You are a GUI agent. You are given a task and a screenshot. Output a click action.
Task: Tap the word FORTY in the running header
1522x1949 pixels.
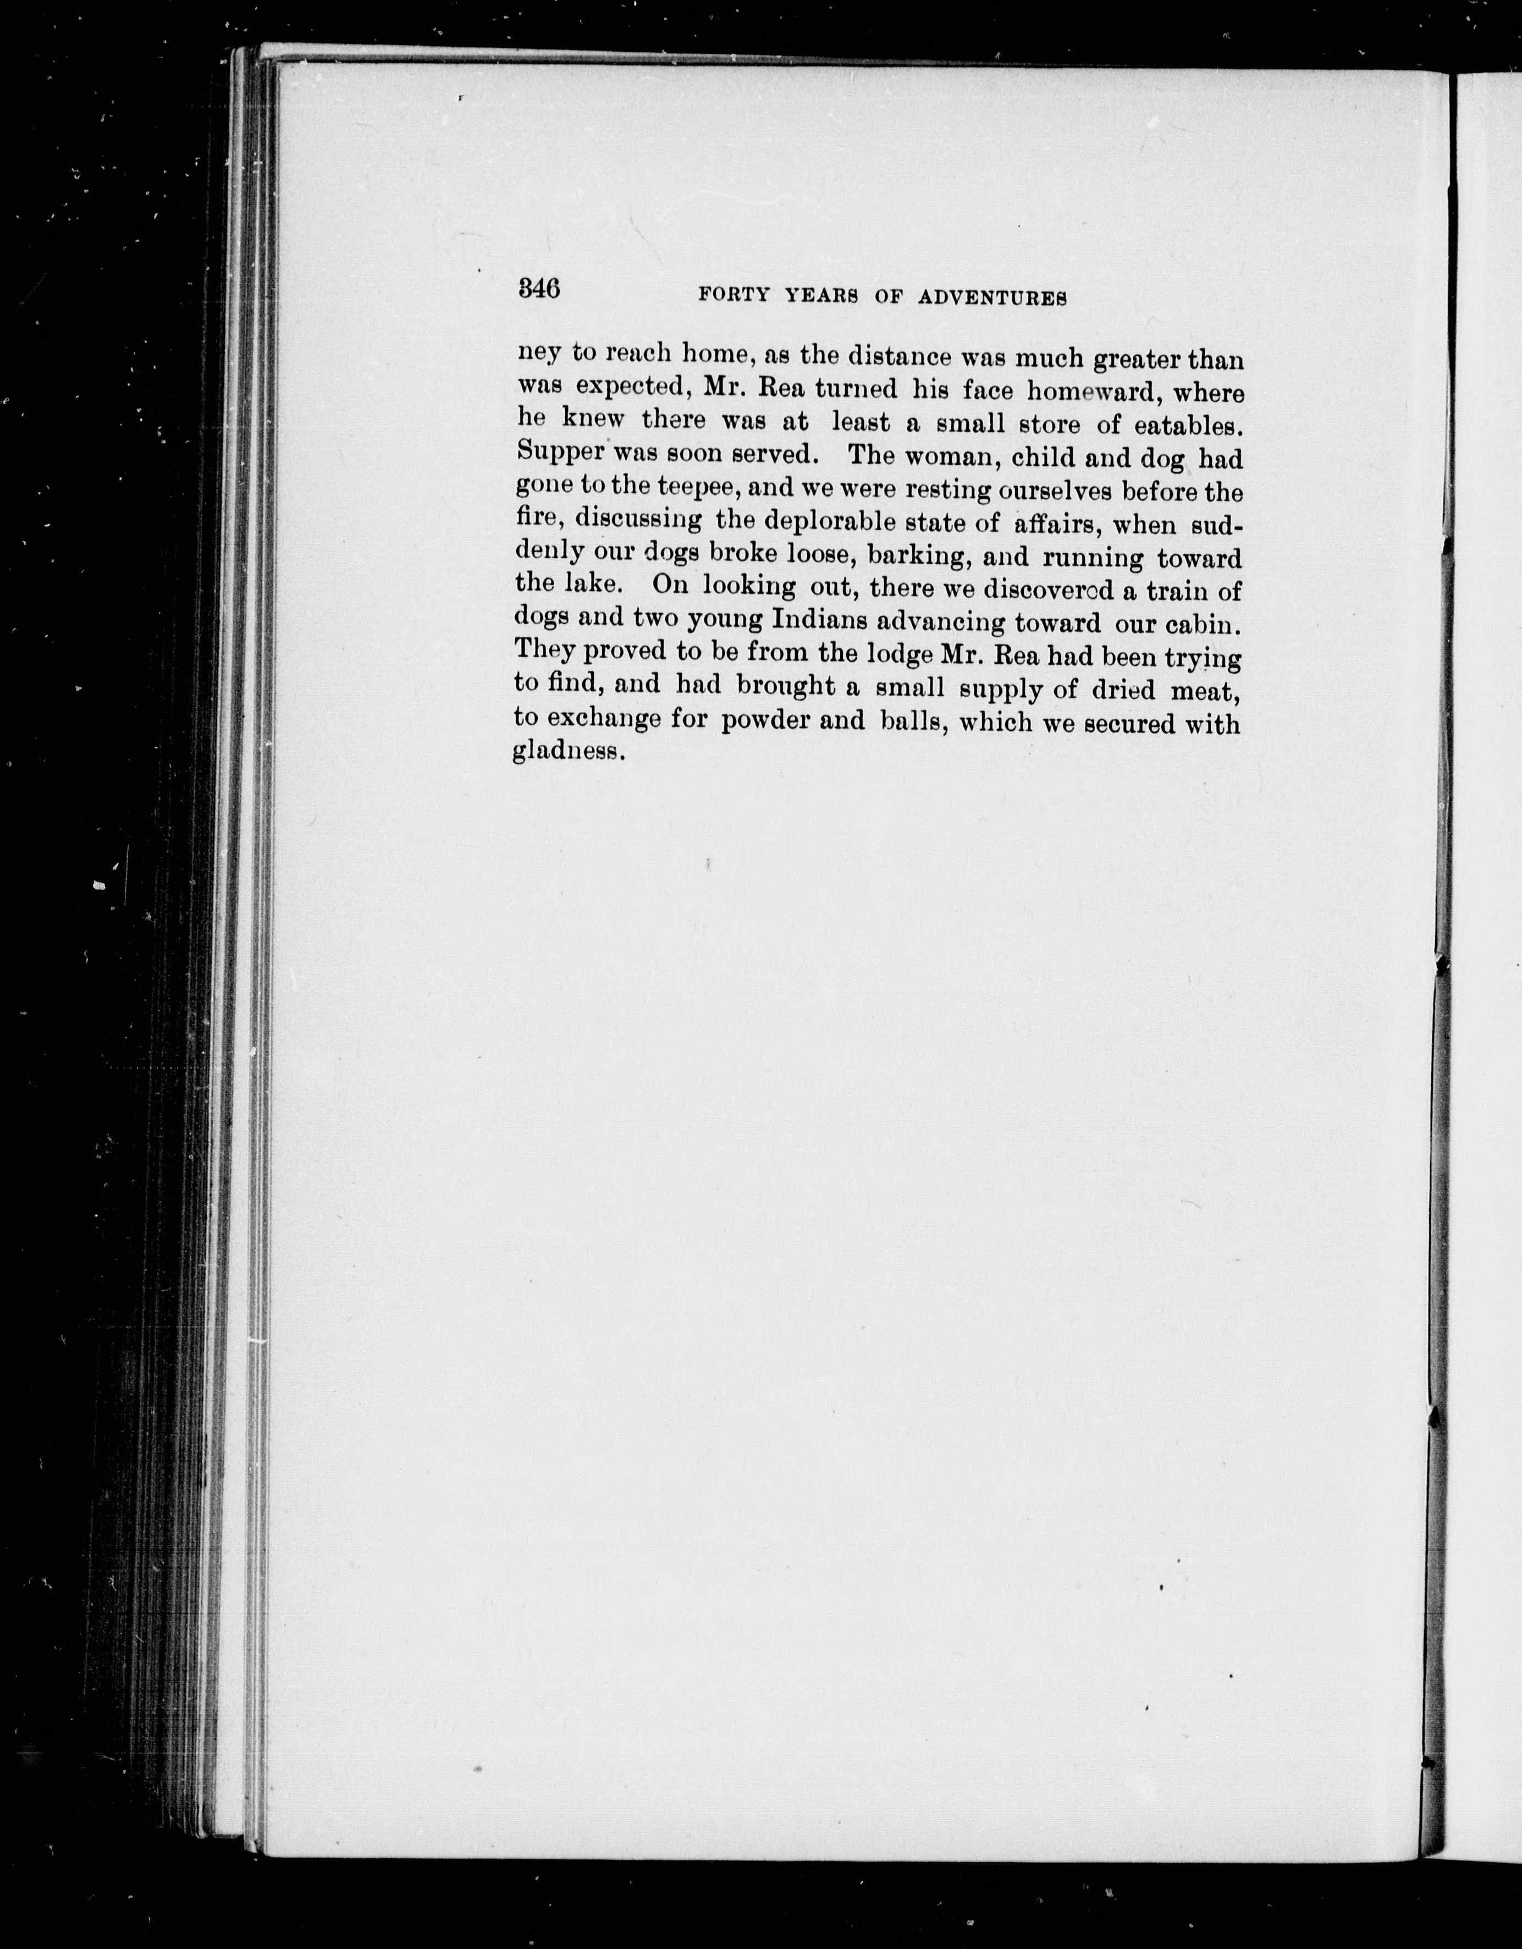[x=734, y=296]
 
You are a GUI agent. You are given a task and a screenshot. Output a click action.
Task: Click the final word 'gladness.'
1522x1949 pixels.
[x=566, y=751]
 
